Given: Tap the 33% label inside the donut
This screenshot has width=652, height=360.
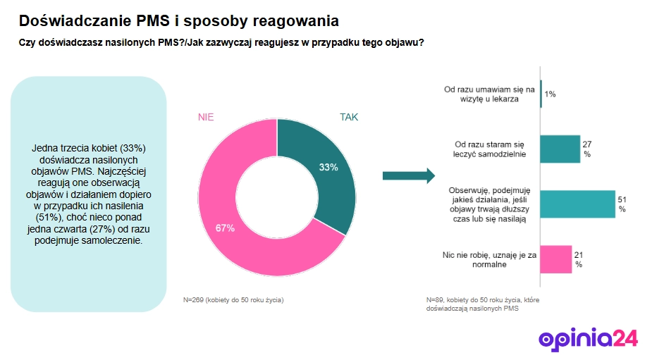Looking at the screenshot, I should coord(328,168).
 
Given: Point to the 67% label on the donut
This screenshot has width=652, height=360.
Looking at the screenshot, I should coord(226,227).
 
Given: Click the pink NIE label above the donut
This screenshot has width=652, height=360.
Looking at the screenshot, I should coord(206,117).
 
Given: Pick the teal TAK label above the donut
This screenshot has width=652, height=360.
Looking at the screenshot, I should coord(349,117).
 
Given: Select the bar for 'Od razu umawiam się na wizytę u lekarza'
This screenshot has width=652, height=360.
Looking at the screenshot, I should coord(541,94).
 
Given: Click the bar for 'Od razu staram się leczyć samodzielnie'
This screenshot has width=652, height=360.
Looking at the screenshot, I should coord(560,149).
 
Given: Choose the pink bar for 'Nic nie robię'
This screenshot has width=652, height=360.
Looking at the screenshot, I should coord(555,259).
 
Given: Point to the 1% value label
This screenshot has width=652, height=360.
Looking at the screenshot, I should coord(550,94).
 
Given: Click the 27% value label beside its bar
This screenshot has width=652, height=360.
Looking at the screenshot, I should coord(586,149).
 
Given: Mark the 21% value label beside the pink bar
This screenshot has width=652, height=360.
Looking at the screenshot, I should coord(578,259).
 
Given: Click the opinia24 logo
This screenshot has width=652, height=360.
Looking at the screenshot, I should coord(588,339).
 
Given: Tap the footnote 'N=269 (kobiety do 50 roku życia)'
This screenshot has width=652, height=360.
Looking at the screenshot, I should coord(233,300).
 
